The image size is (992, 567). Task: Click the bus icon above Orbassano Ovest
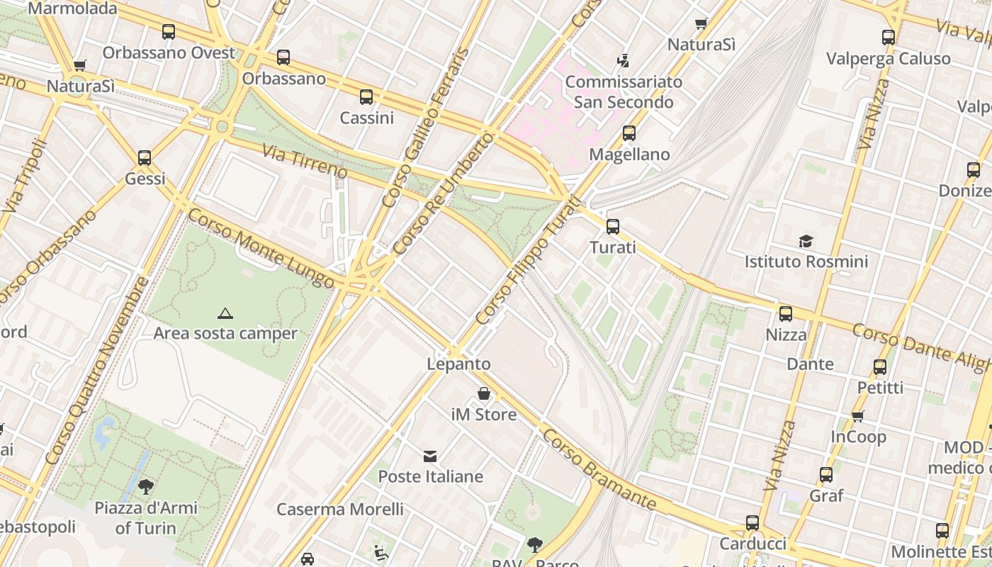click(x=169, y=32)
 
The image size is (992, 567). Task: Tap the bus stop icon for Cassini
click(x=366, y=97)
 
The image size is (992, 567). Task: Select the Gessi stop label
click(x=145, y=179)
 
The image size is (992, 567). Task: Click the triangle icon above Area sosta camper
click(x=225, y=313)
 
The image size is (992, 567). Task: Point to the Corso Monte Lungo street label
click(x=261, y=248)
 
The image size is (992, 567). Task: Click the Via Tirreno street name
click(x=305, y=162)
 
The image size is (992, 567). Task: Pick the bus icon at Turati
click(x=613, y=227)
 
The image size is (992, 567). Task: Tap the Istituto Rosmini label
click(x=806, y=262)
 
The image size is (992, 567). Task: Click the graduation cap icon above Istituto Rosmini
click(x=806, y=241)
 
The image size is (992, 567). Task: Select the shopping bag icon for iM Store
click(x=484, y=393)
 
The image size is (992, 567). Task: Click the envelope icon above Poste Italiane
click(x=430, y=456)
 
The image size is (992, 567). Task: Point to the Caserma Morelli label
click(x=340, y=509)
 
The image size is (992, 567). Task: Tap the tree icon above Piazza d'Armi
click(x=146, y=487)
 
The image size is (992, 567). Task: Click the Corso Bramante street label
click(x=599, y=468)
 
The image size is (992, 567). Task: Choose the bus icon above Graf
click(x=826, y=475)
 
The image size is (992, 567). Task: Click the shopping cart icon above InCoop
click(x=858, y=416)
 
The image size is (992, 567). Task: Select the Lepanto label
click(x=458, y=364)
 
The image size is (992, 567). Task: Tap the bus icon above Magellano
click(x=629, y=133)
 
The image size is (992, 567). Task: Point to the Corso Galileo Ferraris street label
click(x=425, y=128)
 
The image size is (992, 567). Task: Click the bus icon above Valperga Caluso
click(x=889, y=38)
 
